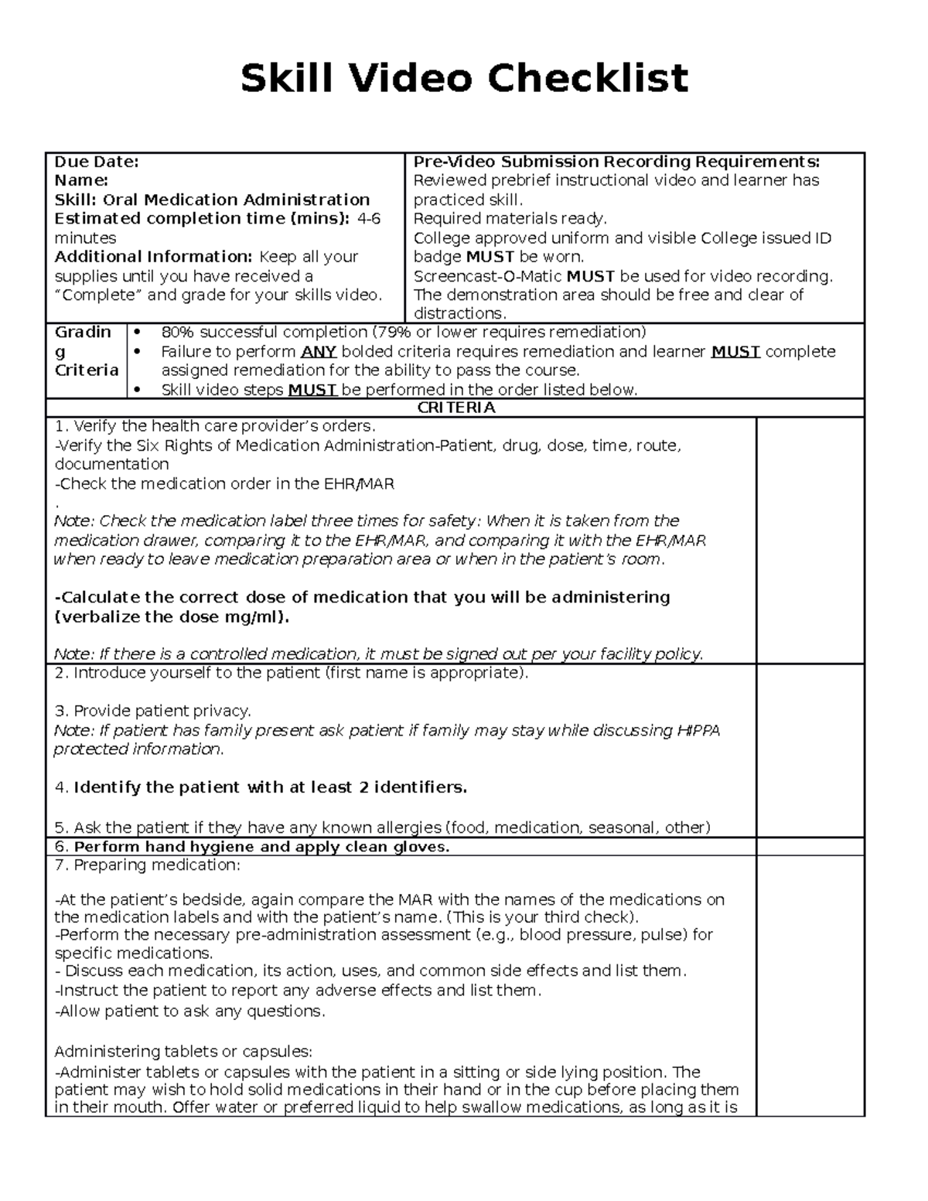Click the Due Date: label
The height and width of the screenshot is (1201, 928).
click(x=96, y=162)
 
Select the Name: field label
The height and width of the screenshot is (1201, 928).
click(x=80, y=180)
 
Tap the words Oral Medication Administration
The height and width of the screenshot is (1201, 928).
click(x=236, y=200)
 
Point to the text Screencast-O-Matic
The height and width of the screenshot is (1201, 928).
click(x=487, y=276)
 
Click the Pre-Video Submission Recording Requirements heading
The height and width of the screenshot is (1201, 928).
click(x=616, y=162)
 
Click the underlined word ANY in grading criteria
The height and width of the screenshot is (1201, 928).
click(x=317, y=352)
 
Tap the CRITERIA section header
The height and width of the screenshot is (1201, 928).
click(x=455, y=408)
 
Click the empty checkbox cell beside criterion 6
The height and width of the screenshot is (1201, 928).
click(x=810, y=847)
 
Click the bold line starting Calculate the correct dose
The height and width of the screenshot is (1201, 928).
click(x=362, y=598)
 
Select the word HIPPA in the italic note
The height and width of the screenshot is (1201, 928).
click(x=698, y=731)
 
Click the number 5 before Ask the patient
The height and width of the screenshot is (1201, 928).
click(x=60, y=827)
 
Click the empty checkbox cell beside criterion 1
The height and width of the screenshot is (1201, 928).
click(x=810, y=540)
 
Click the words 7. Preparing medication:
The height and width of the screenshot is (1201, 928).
click(x=147, y=865)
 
